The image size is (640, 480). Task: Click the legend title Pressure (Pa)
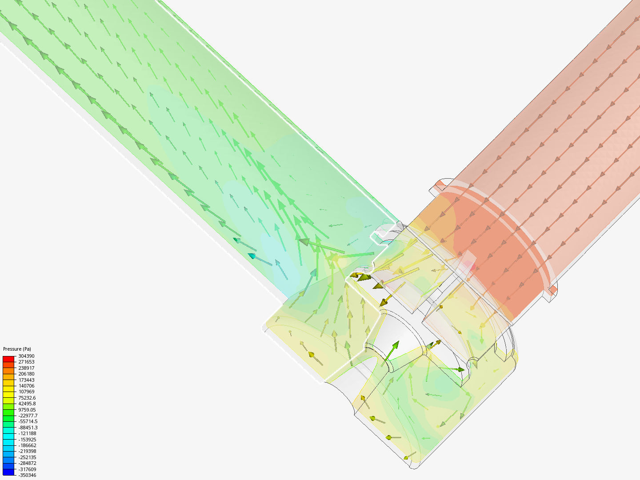(17, 349)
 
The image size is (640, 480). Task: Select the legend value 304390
(26, 356)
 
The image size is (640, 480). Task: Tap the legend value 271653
(26, 362)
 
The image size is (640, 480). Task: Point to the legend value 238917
(26, 368)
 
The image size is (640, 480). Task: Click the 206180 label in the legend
(26, 374)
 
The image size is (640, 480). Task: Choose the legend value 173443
(26, 380)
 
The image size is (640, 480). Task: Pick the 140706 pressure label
(26, 386)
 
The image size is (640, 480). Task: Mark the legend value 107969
(26, 392)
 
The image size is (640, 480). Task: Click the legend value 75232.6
(27, 398)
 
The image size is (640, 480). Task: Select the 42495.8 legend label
(27, 404)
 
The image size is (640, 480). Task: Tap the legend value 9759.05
(27, 410)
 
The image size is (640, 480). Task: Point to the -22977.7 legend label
(28, 416)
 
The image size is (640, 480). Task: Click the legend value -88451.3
(28, 428)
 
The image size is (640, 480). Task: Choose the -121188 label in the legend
(27, 433)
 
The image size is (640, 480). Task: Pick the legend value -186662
(27, 445)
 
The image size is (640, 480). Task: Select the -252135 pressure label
(27, 457)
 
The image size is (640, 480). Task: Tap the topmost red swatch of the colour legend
(8, 359)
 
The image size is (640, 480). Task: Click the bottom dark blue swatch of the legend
(8, 472)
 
